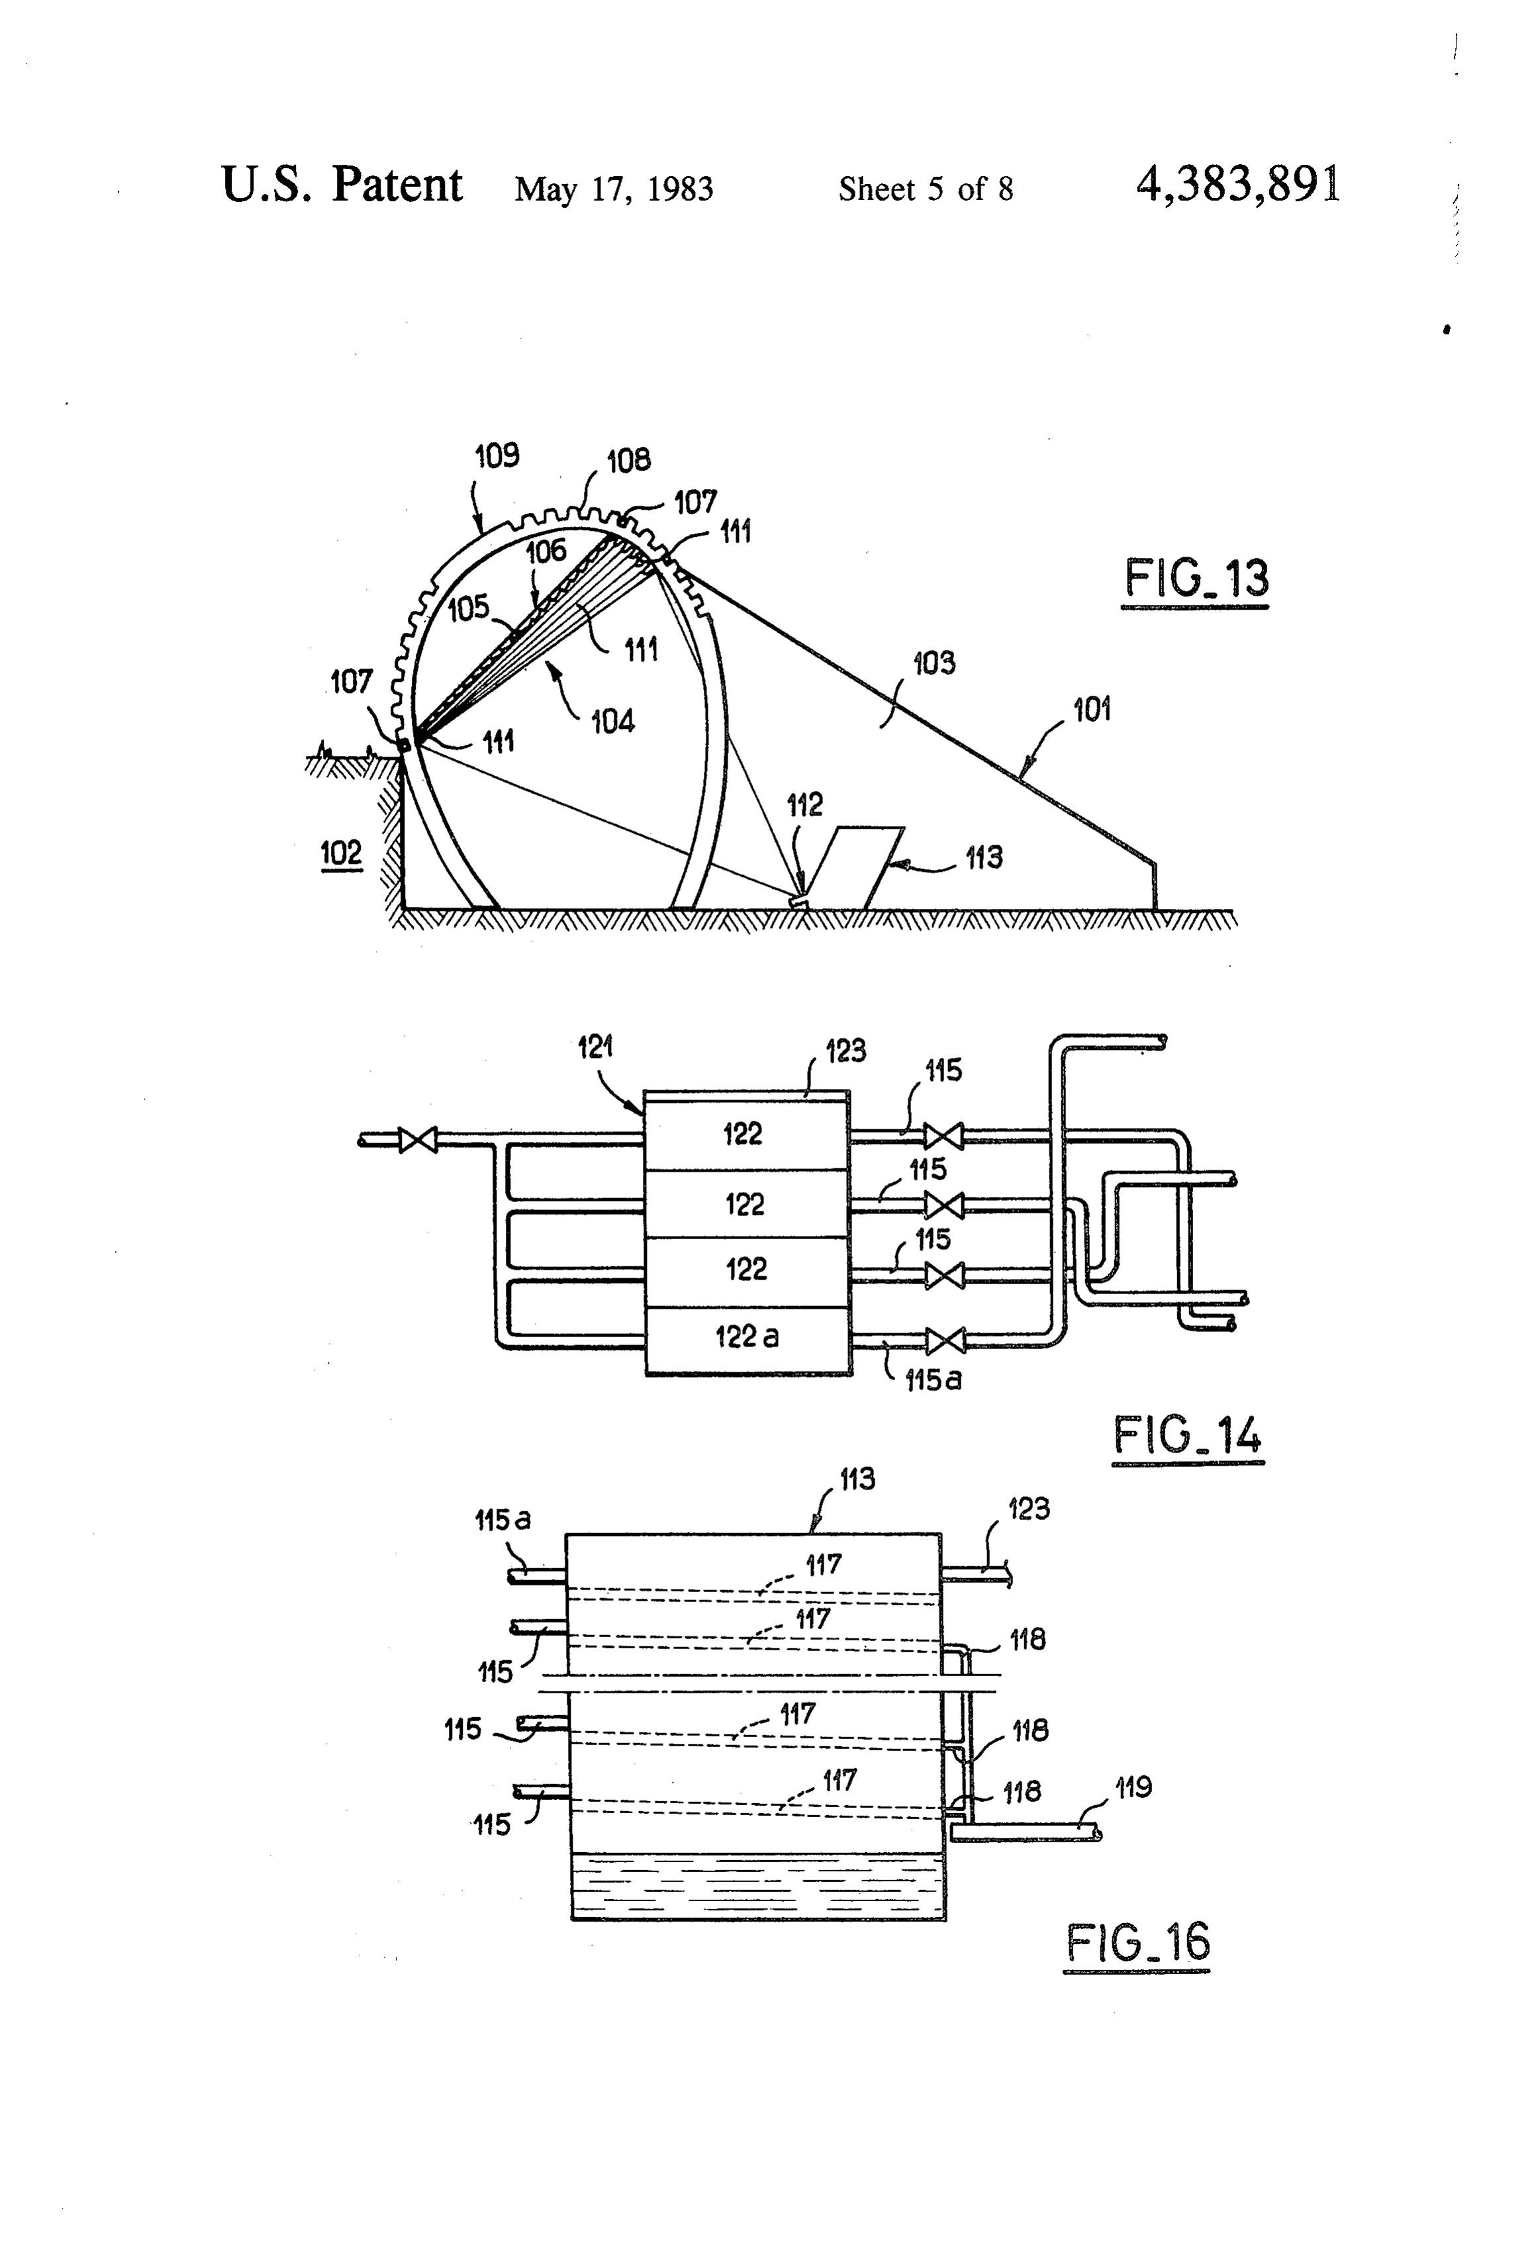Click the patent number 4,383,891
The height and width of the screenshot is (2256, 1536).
click(1238, 185)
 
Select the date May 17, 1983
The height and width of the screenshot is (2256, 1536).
click(614, 188)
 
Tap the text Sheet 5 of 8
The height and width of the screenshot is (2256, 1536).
click(926, 188)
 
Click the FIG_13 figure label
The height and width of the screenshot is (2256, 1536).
click(1196, 579)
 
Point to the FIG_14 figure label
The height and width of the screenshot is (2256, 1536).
click(1188, 1434)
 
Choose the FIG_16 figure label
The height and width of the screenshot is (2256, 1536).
click(1138, 1942)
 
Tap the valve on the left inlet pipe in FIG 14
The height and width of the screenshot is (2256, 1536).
click(418, 1140)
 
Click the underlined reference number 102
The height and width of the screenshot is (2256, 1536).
click(341, 853)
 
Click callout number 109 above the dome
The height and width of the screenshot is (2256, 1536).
click(496, 455)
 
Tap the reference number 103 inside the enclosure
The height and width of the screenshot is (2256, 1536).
click(933, 663)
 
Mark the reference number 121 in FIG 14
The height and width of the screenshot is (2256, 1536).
click(595, 1047)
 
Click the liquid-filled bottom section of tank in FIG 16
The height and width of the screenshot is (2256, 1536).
click(758, 1886)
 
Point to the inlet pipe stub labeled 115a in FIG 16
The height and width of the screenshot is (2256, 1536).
click(538, 1576)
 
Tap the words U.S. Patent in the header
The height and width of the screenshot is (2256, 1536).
click(342, 185)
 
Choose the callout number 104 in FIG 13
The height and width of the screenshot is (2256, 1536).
click(612, 722)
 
